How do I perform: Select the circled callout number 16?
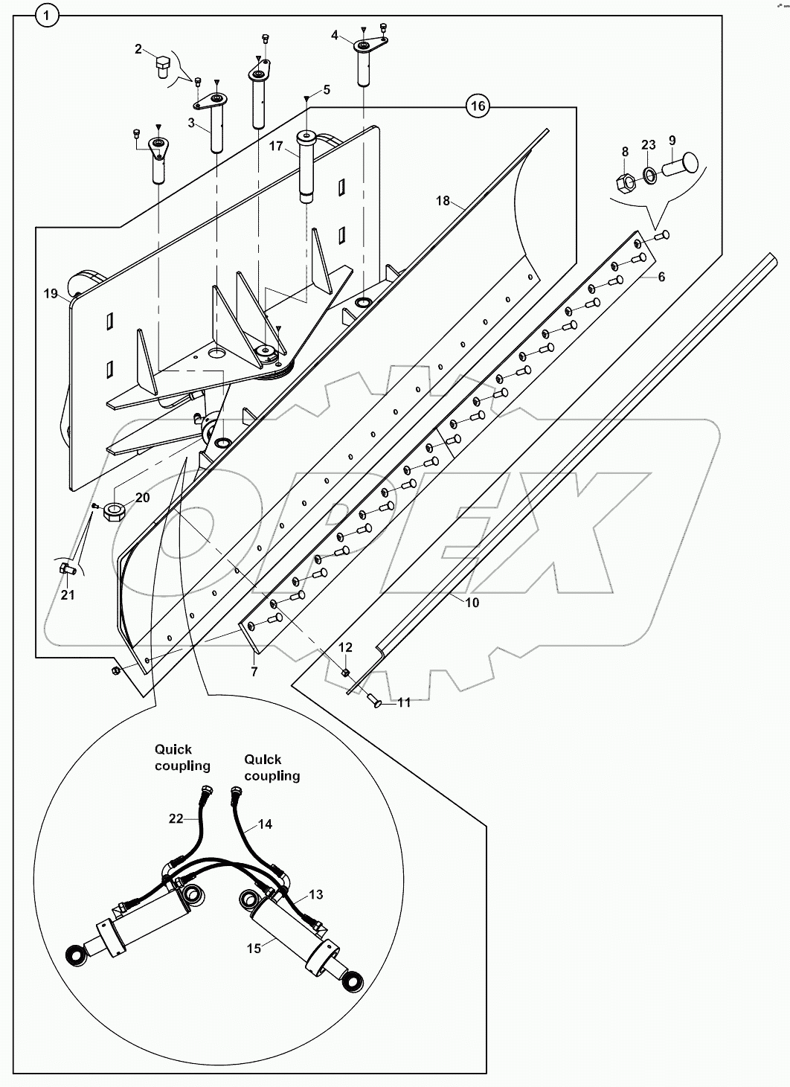click(478, 106)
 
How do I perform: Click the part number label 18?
click(443, 201)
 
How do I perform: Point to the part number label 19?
click(51, 294)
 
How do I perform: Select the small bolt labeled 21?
click(65, 570)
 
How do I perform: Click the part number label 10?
click(472, 602)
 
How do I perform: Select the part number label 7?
click(254, 672)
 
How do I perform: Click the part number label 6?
click(661, 277)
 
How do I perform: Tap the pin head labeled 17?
click(306, 137)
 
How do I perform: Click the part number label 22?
click(176, 818)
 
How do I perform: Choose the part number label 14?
click(266, 824)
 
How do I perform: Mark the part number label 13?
click(316, 894)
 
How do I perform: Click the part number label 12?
click(346, 647)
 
